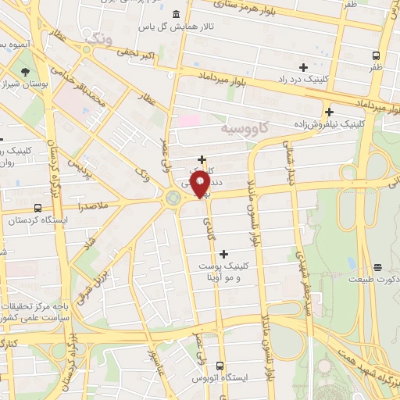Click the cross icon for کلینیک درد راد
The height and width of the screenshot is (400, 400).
(x=303, y=67)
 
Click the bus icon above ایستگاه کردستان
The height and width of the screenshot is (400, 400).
(x=37, y=208)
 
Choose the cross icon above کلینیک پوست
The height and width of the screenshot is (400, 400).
(x=224, y=253)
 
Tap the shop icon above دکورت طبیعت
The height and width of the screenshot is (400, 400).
(x=377, y=267)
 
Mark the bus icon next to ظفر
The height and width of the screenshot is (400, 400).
(x=377, y=55)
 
